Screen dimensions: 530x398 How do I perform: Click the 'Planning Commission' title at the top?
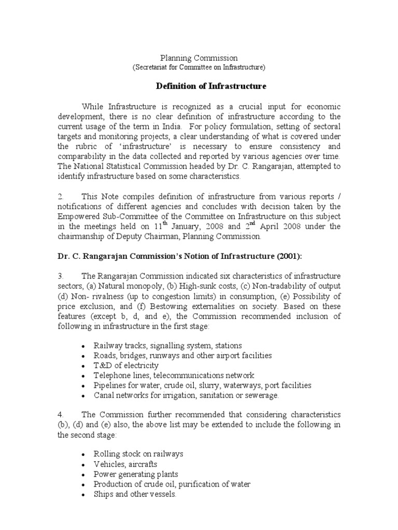198,58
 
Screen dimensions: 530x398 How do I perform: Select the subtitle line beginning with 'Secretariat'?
199,67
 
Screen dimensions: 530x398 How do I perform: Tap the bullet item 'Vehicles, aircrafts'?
125,464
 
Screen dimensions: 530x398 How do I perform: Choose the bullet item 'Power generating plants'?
135,474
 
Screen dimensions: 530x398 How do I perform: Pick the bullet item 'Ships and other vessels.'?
135,494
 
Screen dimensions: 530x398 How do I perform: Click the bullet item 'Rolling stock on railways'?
138,454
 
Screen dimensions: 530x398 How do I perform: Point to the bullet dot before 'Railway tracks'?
83,346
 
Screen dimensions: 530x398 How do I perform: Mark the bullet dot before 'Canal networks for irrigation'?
83,396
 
